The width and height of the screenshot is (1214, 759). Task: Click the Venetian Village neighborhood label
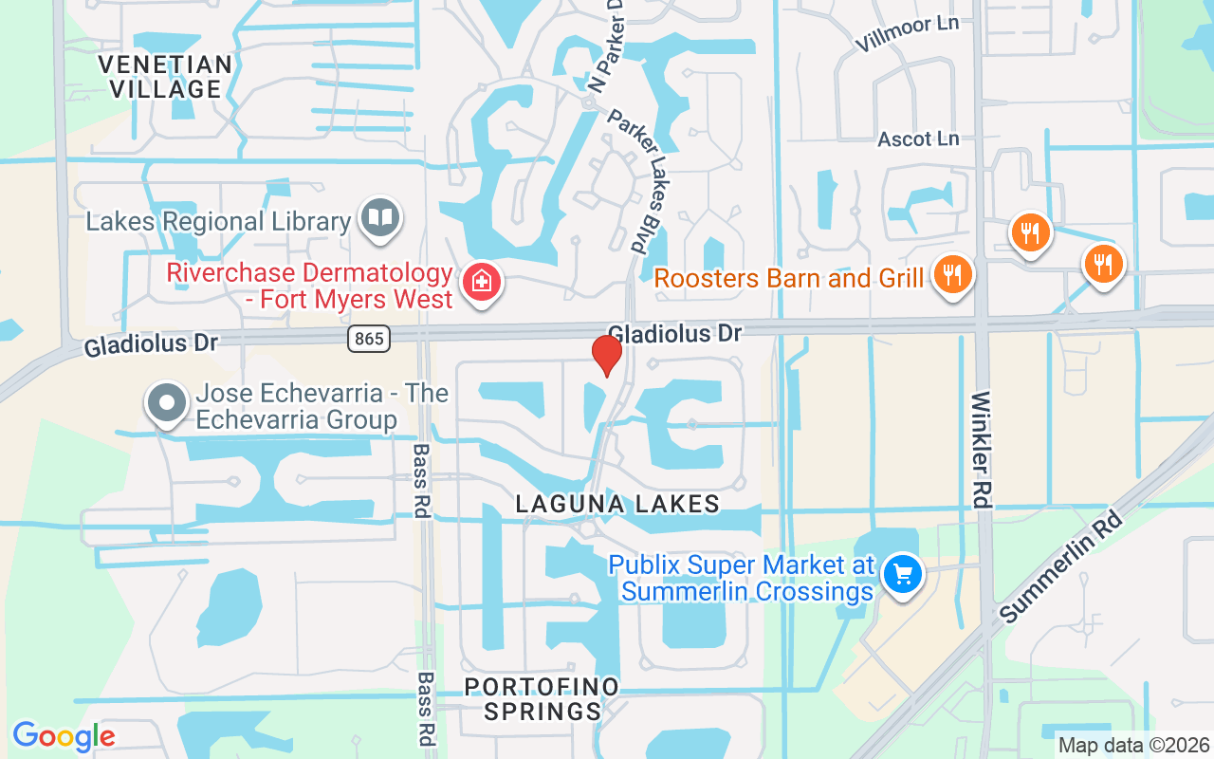pos(165,77)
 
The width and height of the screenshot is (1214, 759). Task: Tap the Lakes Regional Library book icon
pos(380,218)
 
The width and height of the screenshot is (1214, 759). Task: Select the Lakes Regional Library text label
pos(218,222)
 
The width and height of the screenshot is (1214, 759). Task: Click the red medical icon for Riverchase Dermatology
pos(481,282)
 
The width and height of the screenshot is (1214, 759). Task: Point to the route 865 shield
pos(368,338)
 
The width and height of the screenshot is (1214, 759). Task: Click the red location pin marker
pos(607,354)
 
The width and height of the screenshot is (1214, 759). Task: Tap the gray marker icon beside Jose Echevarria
pos(167,401)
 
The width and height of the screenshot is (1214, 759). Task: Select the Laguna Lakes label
pos(617,504)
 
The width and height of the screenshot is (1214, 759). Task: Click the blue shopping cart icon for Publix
pos(902,574)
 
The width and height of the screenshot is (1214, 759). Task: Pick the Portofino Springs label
pos(542,698)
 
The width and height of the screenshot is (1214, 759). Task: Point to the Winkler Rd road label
pos(982,449)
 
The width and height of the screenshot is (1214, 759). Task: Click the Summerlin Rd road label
pos(1060,567)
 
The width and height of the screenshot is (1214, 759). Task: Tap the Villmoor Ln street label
pos(906,34)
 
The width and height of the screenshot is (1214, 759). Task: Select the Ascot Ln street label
pos(917,139)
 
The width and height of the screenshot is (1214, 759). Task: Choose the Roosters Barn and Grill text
pos(788,278)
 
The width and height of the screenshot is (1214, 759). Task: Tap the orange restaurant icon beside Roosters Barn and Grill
pos(952,274)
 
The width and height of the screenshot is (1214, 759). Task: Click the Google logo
pos(64,736)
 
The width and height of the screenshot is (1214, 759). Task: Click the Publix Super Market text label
pos(741,579)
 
